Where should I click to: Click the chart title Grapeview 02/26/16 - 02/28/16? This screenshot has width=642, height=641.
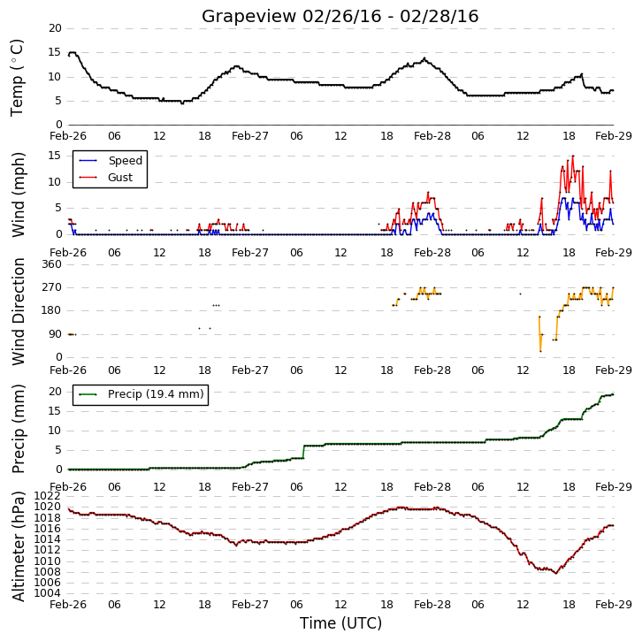[340, 17]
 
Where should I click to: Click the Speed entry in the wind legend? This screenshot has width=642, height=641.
[111, 160]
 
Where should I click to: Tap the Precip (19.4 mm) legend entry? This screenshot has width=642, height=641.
[141, 394]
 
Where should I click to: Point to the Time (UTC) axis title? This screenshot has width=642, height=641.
[340, 623]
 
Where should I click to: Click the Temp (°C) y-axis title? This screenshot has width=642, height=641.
[17, 78]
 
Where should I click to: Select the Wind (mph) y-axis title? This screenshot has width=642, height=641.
[18, 195]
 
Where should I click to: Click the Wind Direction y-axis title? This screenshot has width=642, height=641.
[18, 311]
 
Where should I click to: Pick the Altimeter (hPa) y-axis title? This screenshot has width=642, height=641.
[18, 546]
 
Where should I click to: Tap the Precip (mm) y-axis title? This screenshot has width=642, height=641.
[18, 429]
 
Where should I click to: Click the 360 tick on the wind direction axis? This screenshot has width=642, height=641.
[51, 264]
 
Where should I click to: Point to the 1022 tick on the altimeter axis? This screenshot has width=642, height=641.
[47, 496]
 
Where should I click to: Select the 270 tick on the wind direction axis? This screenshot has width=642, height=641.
[51, 287]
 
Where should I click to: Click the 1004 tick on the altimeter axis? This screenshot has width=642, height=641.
[47, 593]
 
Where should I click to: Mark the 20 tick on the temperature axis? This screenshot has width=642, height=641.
[55, 28]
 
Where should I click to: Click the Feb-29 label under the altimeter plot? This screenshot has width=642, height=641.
[614, 605]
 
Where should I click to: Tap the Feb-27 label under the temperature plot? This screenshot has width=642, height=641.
[249, 136]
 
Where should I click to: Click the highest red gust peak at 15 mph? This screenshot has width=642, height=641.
[573, 156]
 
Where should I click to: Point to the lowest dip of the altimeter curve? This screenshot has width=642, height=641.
[556, 573]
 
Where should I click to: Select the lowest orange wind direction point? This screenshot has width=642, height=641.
[540, 351]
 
